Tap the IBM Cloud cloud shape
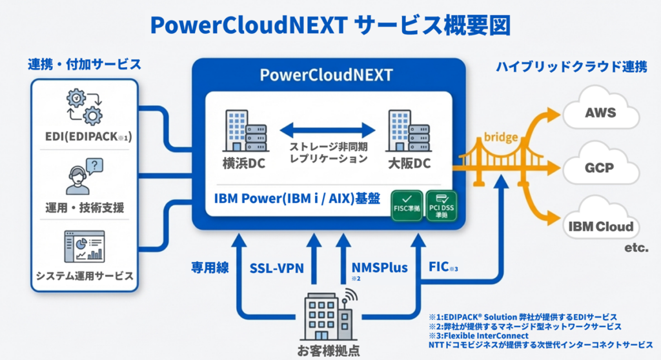pos(600,225)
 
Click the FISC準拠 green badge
pos(407,205)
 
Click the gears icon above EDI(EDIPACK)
pos(85,107)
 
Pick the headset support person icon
pos(85,176)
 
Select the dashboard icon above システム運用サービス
pos(85,246)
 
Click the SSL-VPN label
pos(278,267)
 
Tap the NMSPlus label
pos(380,267)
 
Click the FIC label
pos(442,267)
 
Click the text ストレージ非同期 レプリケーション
pos(327,152)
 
